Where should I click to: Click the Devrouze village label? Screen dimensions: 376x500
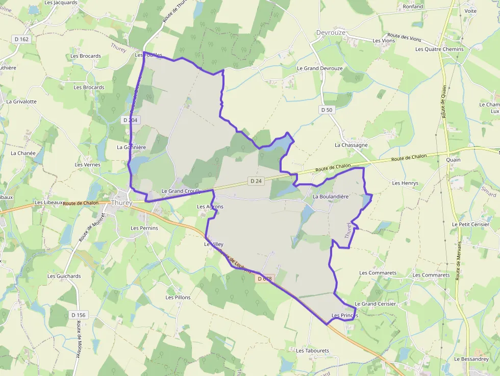pos(331,32)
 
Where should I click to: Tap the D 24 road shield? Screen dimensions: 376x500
pos(256,181)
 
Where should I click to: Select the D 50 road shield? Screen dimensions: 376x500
pos(327,110)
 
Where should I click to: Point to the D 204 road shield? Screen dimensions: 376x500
pos(130,120)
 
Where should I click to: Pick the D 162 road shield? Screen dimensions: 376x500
pos(21,39)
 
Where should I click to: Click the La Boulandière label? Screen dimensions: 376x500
pos(331,196)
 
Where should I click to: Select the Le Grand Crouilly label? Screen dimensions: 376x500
pos(181,191)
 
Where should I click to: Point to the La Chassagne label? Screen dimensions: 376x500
pos(351,145)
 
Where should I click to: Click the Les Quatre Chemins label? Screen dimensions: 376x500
pos(439,49)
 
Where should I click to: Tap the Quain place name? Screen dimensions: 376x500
pos(453,160)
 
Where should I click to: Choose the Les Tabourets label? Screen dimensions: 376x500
pos(313,350)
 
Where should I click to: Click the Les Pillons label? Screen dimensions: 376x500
pos(178,297)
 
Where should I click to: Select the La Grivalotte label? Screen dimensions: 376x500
pos(21,102)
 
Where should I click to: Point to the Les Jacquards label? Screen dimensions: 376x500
pos(61,3)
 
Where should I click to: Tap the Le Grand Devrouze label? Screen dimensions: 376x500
pos(320,68)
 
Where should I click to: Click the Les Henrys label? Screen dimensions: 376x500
pos(405,183)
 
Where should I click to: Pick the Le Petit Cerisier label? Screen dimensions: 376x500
pos(470,224)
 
